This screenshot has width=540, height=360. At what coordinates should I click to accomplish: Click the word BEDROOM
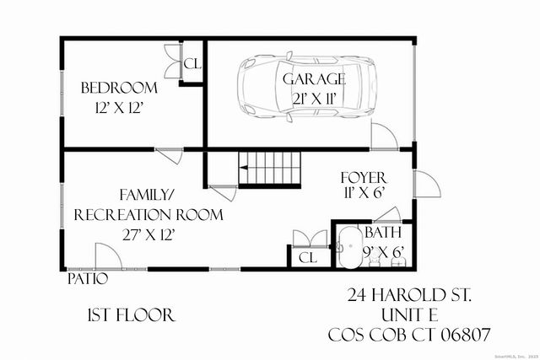click(119, 88)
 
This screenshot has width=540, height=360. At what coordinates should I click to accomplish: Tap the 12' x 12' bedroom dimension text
click(119, 107)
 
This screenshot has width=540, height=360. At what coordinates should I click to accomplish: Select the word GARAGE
click(314, 79)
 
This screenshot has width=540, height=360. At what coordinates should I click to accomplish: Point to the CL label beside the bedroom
click(193, 64)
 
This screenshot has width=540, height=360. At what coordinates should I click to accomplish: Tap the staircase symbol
click(270, 169)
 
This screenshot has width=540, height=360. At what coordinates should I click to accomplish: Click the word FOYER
click(363, 178)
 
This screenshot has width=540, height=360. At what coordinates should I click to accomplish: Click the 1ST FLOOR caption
click(131, 315)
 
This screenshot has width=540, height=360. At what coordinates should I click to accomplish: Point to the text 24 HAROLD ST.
click(410, 296)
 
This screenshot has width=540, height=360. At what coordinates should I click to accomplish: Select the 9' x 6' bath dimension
click(385, 250)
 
